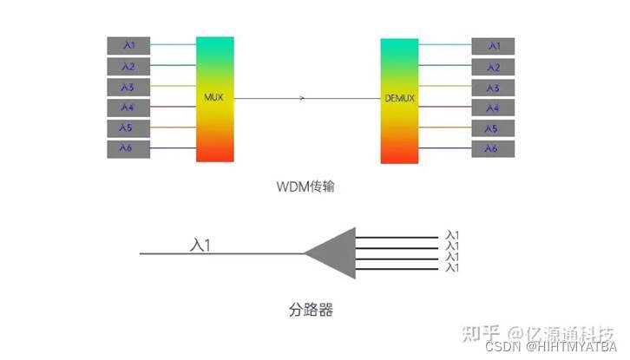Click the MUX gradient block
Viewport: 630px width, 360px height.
click(x=215, y=99)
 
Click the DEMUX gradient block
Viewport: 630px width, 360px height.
click(x=400, y=99)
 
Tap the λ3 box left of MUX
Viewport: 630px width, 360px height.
click(x=127, y=87)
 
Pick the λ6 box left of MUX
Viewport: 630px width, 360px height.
click(x=127, y=149)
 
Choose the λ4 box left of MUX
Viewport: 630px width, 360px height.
click(x=127, y=108)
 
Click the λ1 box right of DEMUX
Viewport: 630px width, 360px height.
click(x=492, y=45)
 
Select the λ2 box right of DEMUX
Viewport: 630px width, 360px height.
click(x=492, y=66)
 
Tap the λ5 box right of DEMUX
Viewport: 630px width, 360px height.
click(x=492, y=128)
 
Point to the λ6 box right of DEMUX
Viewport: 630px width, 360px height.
click(x=492, y=149)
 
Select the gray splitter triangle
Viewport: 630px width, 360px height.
click(x=335, y=253)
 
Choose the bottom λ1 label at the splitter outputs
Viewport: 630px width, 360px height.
click(x=450, y=267)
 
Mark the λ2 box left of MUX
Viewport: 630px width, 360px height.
click(x=127, y=66)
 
